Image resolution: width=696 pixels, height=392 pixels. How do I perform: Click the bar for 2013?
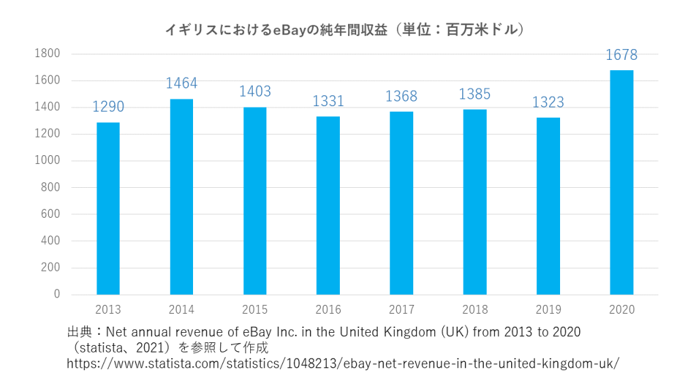[x=108, y=208]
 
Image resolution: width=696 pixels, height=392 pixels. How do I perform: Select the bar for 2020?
[x=621, y=182]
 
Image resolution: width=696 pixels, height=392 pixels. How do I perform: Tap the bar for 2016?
[x=328, y=206]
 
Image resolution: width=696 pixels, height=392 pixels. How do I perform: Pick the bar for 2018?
[x=474, y=201]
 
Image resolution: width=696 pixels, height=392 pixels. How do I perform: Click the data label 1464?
[x=181, y=83]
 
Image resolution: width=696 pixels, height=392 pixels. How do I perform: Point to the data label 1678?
[x=621, y=55]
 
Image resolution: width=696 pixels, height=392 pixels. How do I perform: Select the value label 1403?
[x=255, y=91]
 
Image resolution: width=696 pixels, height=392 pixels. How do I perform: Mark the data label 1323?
[x=548, y=102]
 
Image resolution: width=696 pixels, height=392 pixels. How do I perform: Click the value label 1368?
[x=401, y=96]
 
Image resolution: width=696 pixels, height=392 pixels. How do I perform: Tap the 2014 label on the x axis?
[x=181, y=310]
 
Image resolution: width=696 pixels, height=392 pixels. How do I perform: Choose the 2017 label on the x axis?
[x=401, y=310]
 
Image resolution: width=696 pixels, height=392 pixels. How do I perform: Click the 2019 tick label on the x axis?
[x=548, y=310]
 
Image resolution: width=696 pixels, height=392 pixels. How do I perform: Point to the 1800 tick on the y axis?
[x=48, y=54]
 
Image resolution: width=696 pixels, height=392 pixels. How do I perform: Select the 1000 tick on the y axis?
[x=48, y=161]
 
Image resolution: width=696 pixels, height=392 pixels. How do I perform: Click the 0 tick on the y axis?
[x=57, y=295]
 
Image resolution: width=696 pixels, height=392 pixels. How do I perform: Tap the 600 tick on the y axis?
[x=51, y=214]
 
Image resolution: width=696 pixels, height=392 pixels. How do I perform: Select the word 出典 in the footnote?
[x=79, y=332]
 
